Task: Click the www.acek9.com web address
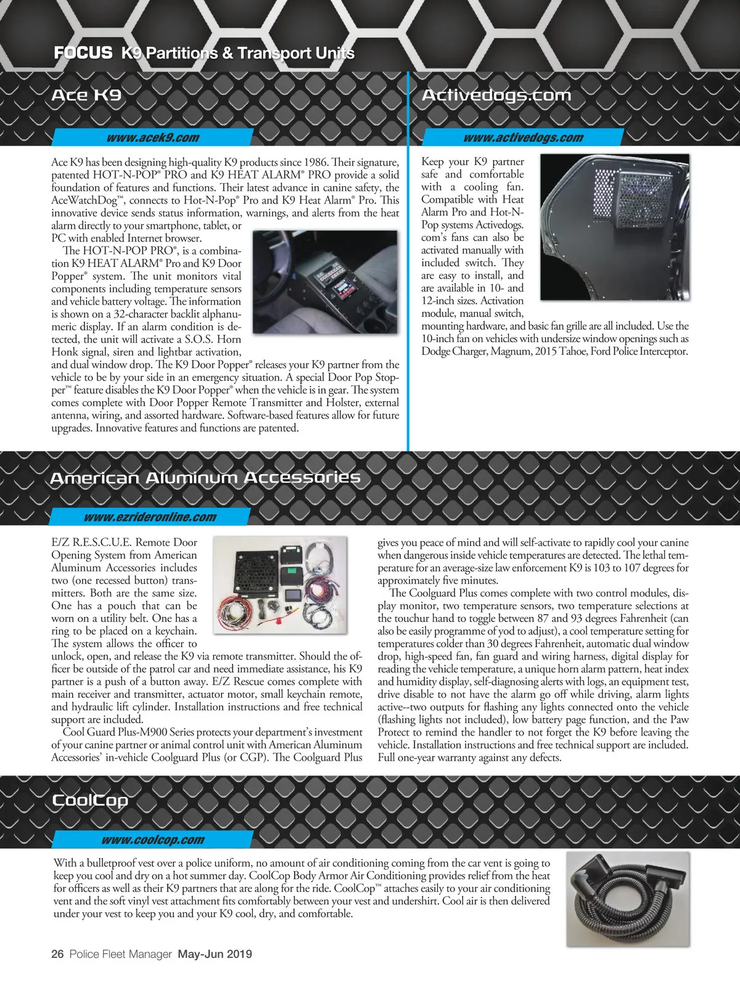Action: click(x=152, y=137)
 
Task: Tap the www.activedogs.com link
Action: click(x=523, y=137)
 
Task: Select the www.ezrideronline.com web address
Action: click(x=150, y=517)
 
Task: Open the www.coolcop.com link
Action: click(x=152, y=840)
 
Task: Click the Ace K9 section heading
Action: click(x=86, y=95)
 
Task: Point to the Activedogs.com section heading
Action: click(x=496, y=95)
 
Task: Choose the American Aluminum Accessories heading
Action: click(x=205, y=478)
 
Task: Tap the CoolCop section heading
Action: click(x=90, y=800)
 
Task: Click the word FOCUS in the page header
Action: click(x=83, y=53)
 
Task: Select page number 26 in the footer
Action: click(x=57, y=954)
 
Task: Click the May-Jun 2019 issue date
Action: click(x=215, y=954)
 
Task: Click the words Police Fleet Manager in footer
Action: click(x=120, y=954)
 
